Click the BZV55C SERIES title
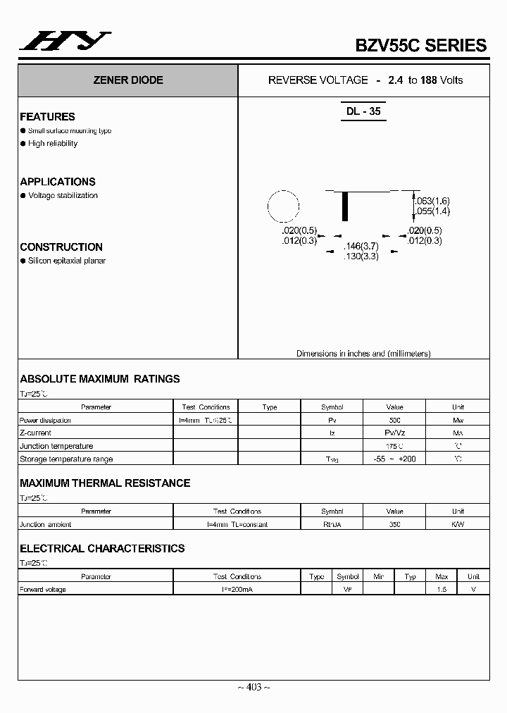420,45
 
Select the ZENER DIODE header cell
128,80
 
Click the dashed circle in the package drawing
284,209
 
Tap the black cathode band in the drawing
345,206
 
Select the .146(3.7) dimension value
361,246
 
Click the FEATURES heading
47,117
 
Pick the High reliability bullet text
53,144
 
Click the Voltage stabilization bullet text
63,196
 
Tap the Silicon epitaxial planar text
67,261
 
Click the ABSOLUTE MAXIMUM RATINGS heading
100,379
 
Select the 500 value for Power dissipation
394,420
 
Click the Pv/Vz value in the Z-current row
394,433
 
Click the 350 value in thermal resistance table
394,524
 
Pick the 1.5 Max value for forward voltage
442,590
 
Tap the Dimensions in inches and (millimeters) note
363,354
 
